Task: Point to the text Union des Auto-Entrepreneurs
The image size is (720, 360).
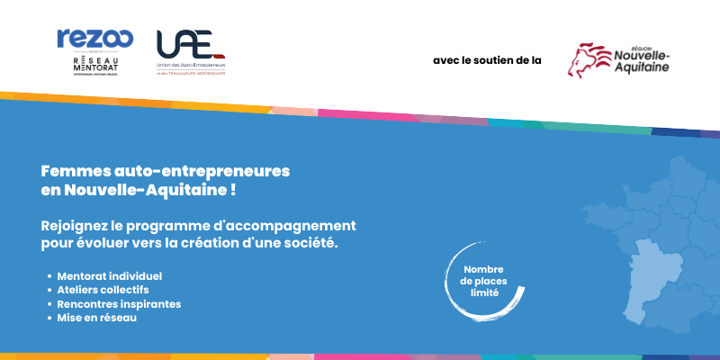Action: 191,66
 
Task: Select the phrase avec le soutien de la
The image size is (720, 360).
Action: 487,61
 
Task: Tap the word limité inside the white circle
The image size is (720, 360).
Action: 483,294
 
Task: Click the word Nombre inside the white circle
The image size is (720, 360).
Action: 483,270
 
